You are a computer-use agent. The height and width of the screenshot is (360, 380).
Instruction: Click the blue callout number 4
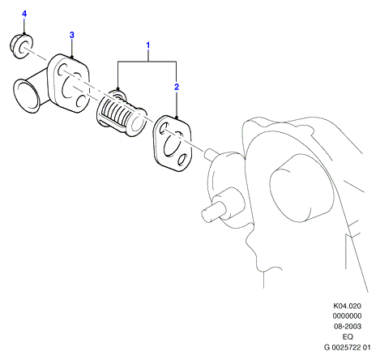(24, 14)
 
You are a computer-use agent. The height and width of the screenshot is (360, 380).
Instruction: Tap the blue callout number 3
(71, 35)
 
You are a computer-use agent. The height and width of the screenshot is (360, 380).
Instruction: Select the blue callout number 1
(148, 45)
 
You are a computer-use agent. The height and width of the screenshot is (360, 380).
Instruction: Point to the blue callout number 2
(177, 87)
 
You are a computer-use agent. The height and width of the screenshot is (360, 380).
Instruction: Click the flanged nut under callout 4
(21, 45)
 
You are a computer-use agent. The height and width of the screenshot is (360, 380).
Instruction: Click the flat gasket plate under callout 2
(173, 144)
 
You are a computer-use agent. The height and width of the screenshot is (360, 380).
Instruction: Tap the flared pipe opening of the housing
(26, 96)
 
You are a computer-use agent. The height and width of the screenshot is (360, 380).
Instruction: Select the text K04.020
(347, 306)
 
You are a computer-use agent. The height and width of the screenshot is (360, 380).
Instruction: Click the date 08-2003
(348, 327)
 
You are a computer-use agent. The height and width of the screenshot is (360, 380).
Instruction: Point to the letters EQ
(348, 336)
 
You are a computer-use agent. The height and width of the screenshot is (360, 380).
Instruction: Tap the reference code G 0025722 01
(348, 347)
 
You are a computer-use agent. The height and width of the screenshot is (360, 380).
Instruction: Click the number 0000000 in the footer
(347, 316)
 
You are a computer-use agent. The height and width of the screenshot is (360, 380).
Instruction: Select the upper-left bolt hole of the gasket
(163, 128)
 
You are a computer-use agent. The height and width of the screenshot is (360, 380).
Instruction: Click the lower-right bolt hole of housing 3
(80, 101)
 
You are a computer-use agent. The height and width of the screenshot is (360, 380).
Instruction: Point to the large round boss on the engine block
(302, 189)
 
